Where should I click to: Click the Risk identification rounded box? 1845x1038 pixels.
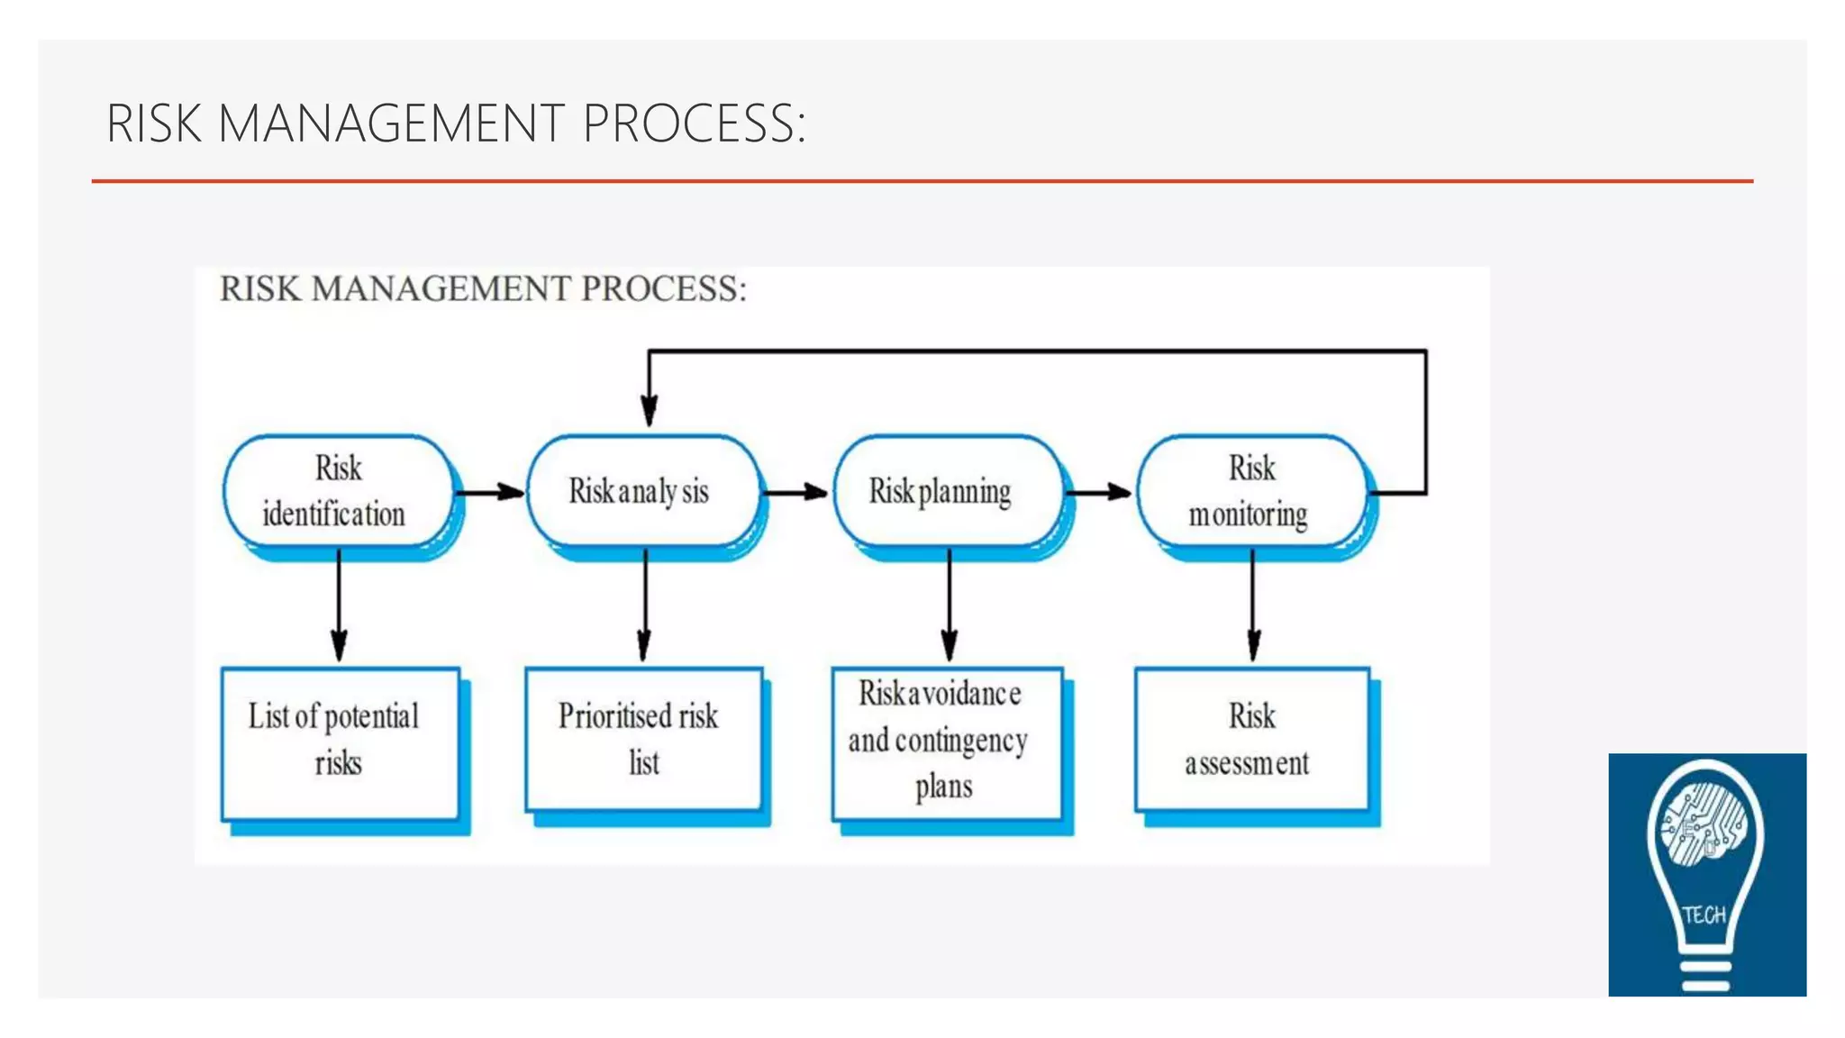click(x=338, y=491)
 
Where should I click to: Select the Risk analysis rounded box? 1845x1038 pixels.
click(x=641, y=491)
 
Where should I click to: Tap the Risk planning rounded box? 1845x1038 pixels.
click(x=946, y=491)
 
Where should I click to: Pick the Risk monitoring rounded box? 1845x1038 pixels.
click(x=1250, y=491)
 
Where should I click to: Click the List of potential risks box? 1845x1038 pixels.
click(x=340, y=742)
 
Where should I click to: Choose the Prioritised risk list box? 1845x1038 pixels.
click(x=642, y=739)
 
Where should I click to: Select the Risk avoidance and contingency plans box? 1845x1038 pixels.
click(x=946, y=742)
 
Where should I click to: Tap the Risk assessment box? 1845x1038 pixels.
click(x=1250, y=739)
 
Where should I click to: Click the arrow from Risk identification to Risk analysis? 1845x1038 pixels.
click(x=489, y=492)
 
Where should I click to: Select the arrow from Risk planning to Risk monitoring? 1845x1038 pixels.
click(x=1098, y=492)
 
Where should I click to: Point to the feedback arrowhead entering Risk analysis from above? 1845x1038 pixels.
click(x=650, y=410)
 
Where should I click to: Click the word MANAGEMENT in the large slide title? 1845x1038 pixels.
click(x=390, y=123)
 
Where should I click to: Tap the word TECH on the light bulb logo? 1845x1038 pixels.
click(x=1704, y=915)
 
